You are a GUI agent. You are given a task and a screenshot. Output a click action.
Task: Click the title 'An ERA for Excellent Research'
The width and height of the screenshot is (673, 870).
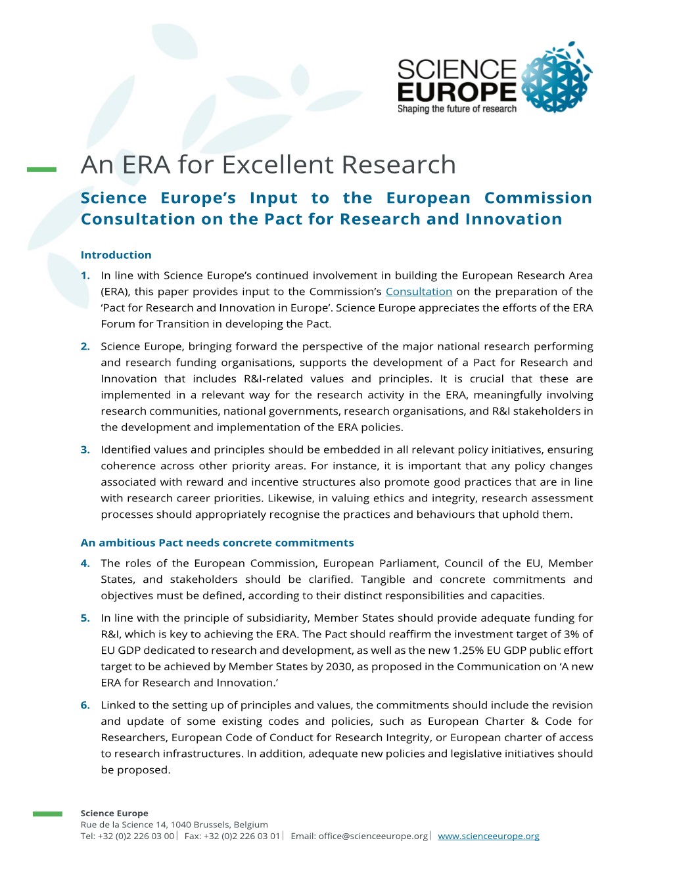point(268,165)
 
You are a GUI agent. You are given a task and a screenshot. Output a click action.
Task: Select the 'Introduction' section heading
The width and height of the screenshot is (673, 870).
point(116,255)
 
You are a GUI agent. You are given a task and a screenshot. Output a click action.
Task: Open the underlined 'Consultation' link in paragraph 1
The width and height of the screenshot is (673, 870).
point(419,292)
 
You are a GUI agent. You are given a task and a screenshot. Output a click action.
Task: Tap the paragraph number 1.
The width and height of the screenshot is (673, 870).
point(85,276)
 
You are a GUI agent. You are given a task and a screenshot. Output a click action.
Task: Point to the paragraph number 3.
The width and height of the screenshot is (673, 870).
point(85,450)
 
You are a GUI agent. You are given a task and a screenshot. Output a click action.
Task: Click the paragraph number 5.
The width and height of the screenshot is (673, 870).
point(85,618)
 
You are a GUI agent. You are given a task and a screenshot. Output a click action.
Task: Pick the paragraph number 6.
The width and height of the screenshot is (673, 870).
point(85,706)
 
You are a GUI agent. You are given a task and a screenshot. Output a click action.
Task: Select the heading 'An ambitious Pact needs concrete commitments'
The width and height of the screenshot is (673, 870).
point(217,543)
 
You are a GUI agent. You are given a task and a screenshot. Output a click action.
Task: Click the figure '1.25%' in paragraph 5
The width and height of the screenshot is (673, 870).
point(471,651)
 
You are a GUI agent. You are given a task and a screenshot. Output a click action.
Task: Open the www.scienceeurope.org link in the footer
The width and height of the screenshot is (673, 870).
point(488,836)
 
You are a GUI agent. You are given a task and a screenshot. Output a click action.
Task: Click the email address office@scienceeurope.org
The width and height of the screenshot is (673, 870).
point(373,836)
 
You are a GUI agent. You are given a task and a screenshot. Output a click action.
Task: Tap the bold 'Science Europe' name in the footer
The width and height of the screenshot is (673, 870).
point(114,813)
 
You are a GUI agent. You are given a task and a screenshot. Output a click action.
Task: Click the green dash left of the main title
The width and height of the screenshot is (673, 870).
point(41,170)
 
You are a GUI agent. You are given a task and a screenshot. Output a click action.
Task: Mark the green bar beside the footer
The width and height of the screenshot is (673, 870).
point(47,814)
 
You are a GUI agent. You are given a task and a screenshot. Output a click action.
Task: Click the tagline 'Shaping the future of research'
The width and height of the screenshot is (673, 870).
point(457,109)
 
